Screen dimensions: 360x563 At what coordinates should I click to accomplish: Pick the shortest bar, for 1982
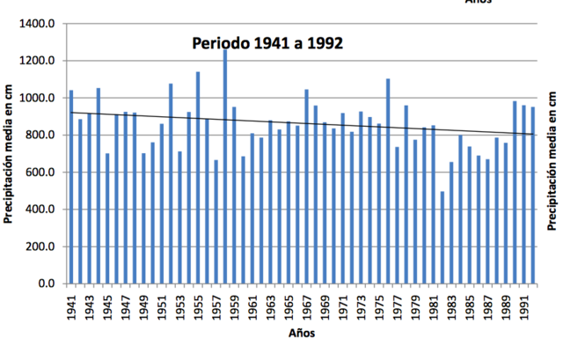click(x=442, y=238)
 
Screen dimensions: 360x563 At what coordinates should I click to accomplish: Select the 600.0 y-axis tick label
click(x=45, y=173)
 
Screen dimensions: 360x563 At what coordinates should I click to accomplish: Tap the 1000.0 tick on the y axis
click(x=42, y=98)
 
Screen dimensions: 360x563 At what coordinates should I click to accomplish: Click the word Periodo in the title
click(x=223, y=42)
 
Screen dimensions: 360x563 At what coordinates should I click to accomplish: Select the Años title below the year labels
click(x=300, y=334)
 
